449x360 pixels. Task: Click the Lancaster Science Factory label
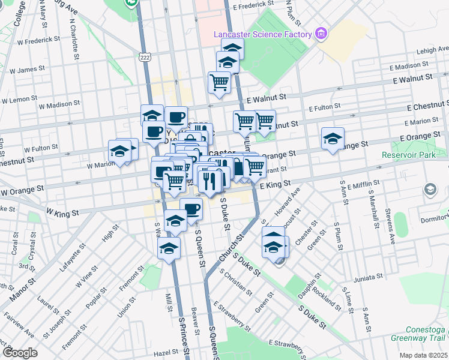[x=264, y=33]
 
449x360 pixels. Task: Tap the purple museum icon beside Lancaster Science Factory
[x=322, y=32]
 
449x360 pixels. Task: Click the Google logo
[x=20, y=352]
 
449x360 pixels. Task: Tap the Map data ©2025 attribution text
[x=423, y=355]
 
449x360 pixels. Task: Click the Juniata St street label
[x=366, y=277]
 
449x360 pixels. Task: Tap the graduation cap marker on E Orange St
[x=333, y=140]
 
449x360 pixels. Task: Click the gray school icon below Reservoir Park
[x=430, y=190]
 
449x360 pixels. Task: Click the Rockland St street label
[x=330, y=296]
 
